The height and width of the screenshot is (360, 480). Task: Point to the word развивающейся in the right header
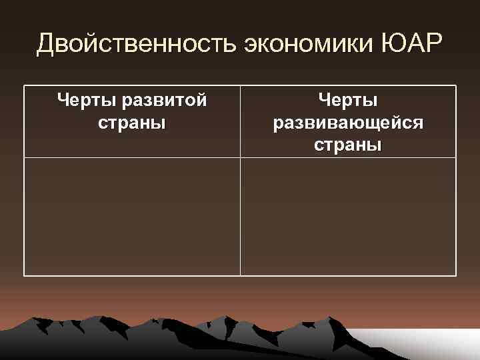(348, 123)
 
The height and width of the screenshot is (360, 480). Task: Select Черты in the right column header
(348, 101)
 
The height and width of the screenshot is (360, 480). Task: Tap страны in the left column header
(132, 124)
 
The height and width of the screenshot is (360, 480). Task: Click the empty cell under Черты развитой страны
(132, 217)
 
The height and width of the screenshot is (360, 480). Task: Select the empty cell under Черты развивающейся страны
(348, 217)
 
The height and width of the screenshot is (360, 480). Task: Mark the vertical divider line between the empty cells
(240, 217)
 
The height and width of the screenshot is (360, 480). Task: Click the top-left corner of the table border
(24, 85)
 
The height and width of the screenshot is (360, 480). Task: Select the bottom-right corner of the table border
(457, 275)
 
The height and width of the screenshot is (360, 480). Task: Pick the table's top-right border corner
(457, 85)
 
